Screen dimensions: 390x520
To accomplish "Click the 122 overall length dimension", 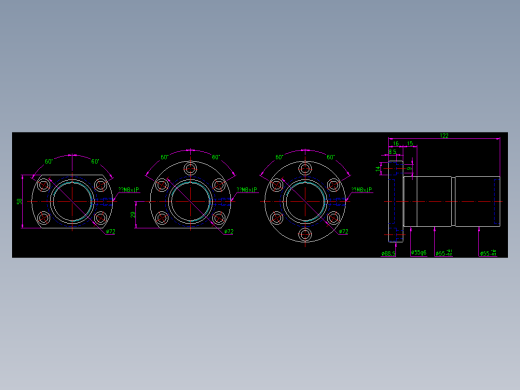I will pos(444,136).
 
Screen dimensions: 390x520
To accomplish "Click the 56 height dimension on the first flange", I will pos(19,201).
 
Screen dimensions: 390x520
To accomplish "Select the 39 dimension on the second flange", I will pos(133,214).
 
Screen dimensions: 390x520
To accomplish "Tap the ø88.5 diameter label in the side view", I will pos(388,253).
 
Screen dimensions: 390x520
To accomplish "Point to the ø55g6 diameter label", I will pos(418,253).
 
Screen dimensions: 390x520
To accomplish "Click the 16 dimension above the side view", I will pos(396,144).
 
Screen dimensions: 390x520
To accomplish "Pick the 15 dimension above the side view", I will pos(410,144).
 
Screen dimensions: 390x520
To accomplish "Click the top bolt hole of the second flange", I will pos(190,168).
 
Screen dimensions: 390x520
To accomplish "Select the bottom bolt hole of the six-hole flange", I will pos(305,234).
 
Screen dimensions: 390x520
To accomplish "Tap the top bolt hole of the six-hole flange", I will pos(305,168).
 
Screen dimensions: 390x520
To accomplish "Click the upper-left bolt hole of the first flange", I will pos(44,185).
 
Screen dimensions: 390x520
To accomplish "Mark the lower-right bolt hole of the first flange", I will pos(100,217).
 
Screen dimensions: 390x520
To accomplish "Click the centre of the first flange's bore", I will pos(72,201).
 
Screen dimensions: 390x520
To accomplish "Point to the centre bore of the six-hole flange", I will pos(305,201).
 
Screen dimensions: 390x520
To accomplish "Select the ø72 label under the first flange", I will pos(111,232).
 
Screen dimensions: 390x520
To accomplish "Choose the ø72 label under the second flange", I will pos(229,232).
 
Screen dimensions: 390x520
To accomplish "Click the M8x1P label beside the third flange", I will pos(361,189).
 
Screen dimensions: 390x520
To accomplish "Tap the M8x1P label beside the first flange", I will pos(129,189).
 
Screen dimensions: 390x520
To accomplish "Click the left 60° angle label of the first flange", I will pos(48,161).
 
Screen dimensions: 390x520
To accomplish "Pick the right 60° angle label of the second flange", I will pos(215,157).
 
